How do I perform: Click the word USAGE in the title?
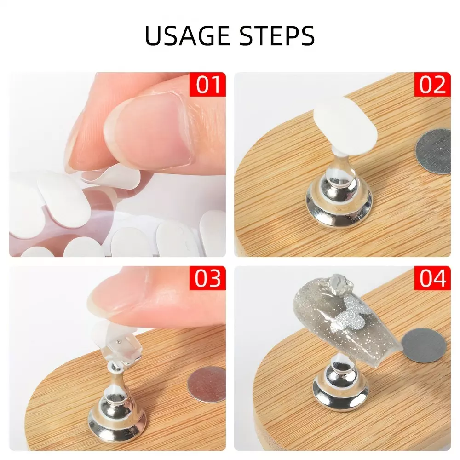click(x=187, y=35)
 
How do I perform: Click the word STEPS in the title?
click(x=277, y=35)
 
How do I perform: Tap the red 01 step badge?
click(x=207, y=84)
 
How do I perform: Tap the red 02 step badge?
click(x=432, y=84)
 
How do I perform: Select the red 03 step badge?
click(x=207, y=278)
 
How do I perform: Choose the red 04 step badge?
click(x=432, y=278)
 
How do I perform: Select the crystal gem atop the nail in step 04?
click(x=340, y=282)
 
